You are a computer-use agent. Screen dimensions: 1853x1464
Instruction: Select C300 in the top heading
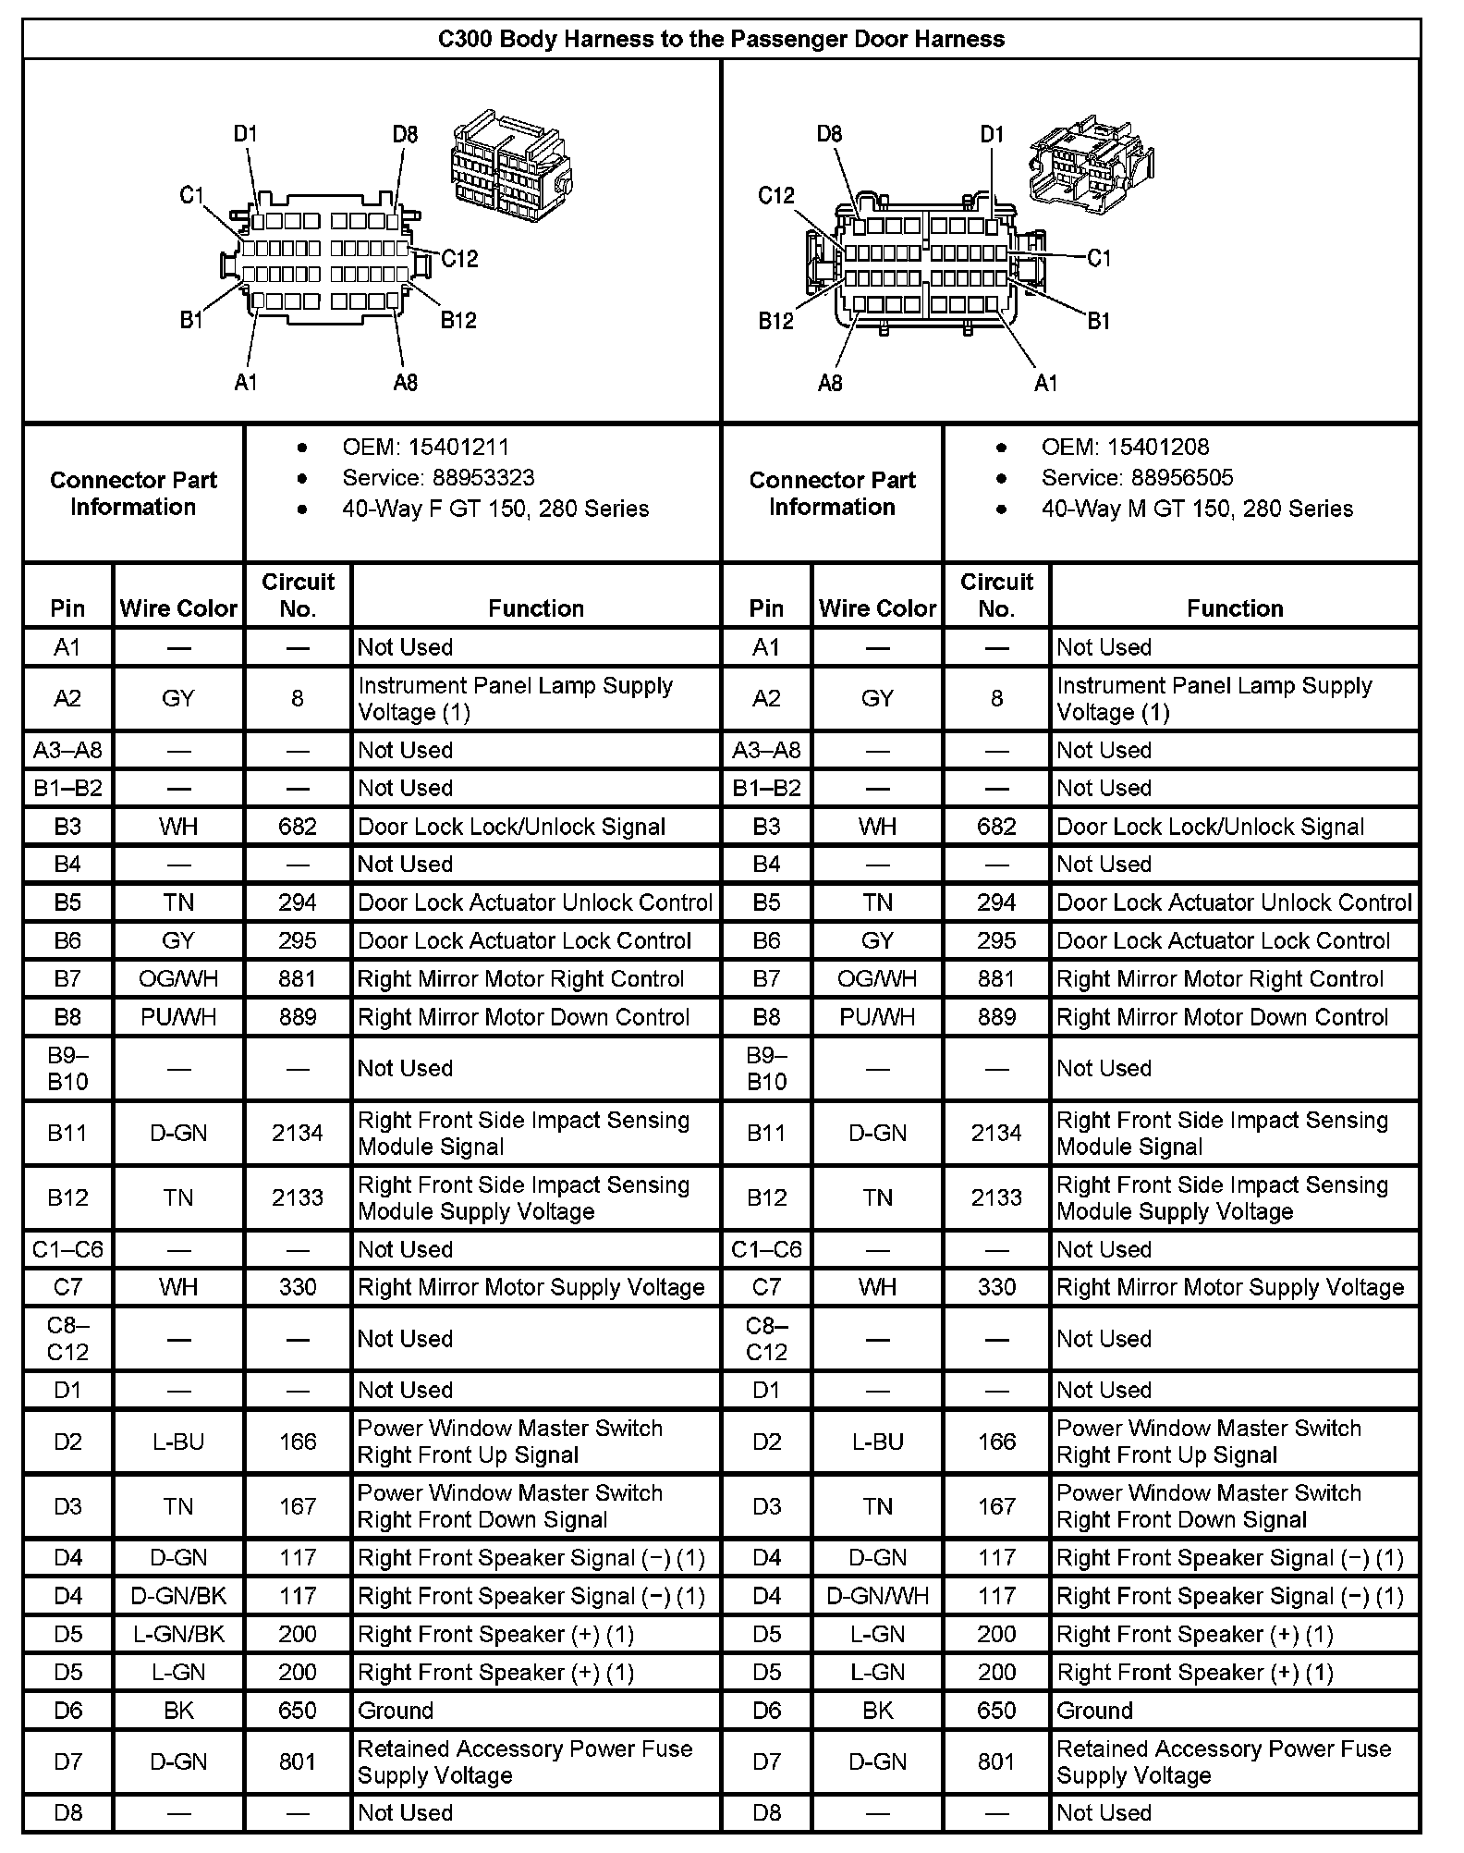pyautogui.click(x=465, y=39)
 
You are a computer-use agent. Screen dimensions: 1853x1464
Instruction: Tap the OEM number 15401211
pyautogui.click(x=457, y=448)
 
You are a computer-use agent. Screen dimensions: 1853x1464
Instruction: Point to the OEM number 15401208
pyautogui.click(x=1157, y=448)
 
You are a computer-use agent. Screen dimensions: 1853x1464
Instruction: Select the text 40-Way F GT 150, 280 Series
pyautogui.click(x=495, y=509)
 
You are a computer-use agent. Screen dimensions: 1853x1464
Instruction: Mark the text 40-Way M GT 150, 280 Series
pyautogui.click(x=1197, y=509)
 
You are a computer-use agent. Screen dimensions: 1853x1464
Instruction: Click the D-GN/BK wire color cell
pyautogui.click(x=178, y=1596)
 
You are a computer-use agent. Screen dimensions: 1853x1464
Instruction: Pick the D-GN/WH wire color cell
pyautogui.click(x=877, y=1596)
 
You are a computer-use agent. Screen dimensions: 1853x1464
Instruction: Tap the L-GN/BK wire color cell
pyautogui.click(x=178, y=1634)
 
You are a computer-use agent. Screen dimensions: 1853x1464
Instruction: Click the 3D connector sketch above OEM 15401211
pyautogui.click(x=511, y=167)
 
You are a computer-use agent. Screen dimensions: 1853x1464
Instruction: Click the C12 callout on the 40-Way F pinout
pyautogui.click(x=459, y=259)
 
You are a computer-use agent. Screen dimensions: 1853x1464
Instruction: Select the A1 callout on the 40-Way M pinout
pyautogui.click(x=1045, y=383)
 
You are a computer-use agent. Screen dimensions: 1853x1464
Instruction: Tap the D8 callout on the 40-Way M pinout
pyautogui.click(x=829, y=135)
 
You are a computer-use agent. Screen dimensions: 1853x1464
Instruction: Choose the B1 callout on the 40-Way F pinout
pyautogui.click(x=191, y=321)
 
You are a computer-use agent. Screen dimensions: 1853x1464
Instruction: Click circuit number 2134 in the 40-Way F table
pyautogui.click(x=298, y=1133)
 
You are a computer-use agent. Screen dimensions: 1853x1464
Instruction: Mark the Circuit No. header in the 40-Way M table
pyautogui.click(x=996, y=595)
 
